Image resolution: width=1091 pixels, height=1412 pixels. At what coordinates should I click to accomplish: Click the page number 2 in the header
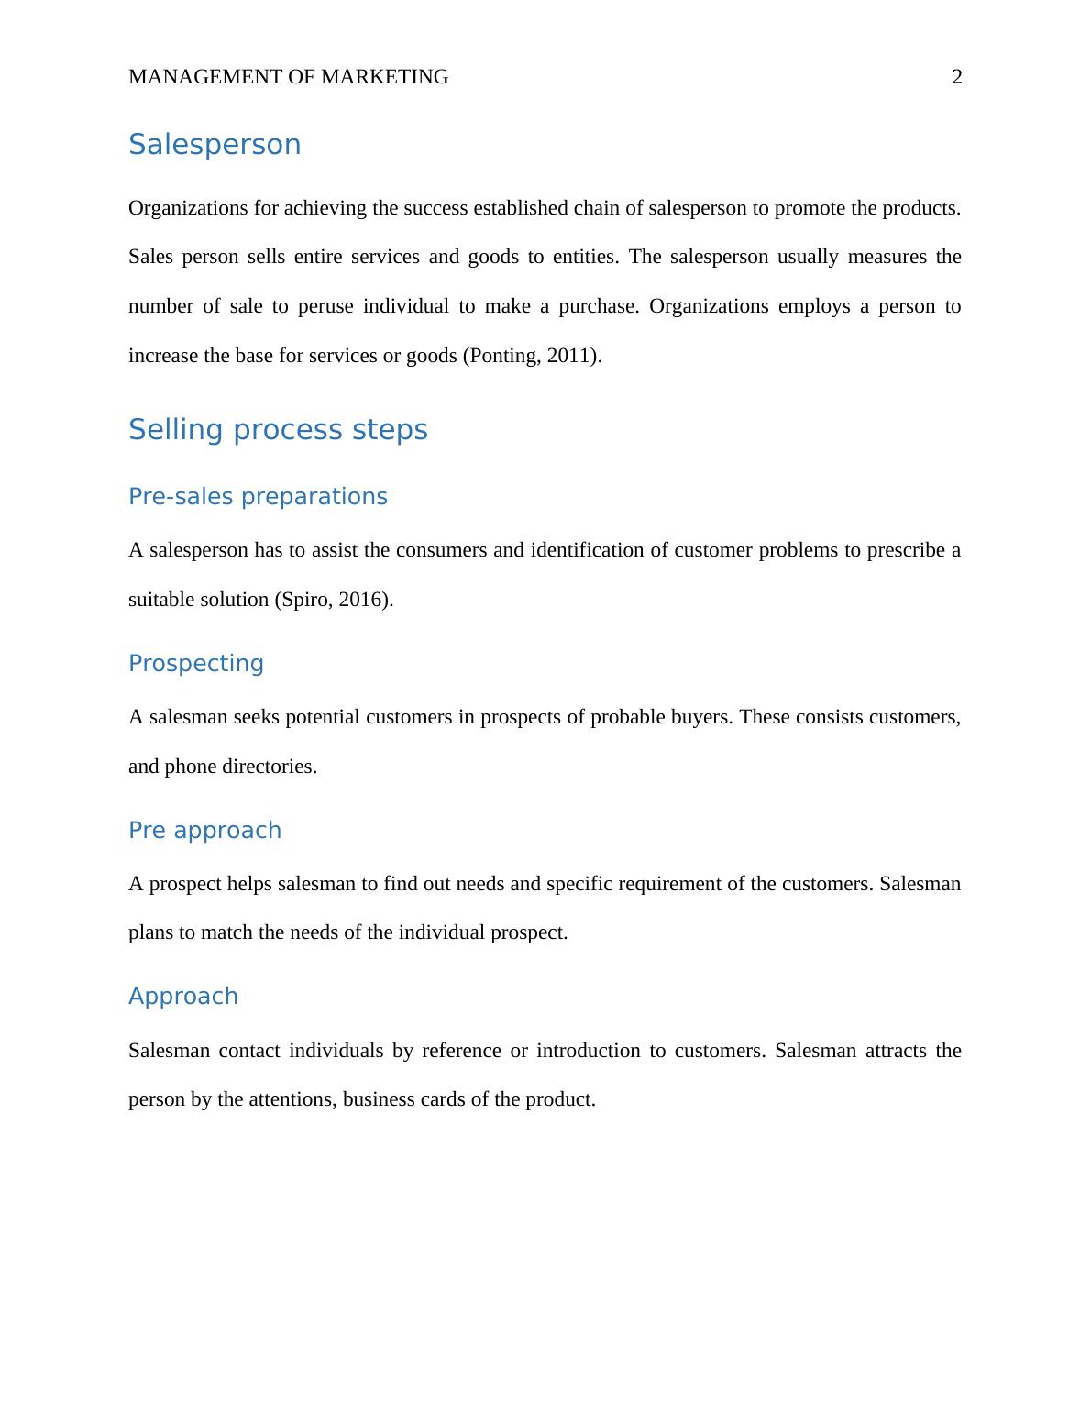click(x=957, y=77)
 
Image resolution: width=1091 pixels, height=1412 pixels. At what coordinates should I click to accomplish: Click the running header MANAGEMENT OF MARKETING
click(x=288, y=77)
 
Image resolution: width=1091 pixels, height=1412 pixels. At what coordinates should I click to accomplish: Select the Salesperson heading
click(x=215, y=145)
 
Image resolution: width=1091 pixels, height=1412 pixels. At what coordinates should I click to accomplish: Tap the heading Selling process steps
click(x=278, y=429)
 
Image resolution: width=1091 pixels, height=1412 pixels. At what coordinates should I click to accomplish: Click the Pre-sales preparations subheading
click(x=258, y=496)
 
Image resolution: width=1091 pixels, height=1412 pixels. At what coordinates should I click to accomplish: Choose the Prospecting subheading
click(x=195, y=663)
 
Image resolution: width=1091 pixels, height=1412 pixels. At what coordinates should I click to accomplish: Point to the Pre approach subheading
click(x=204, y=830)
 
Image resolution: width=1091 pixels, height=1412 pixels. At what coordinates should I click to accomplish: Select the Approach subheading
click(x=182, y=996)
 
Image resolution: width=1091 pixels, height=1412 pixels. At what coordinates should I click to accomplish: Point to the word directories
click(x=273, y=767)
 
